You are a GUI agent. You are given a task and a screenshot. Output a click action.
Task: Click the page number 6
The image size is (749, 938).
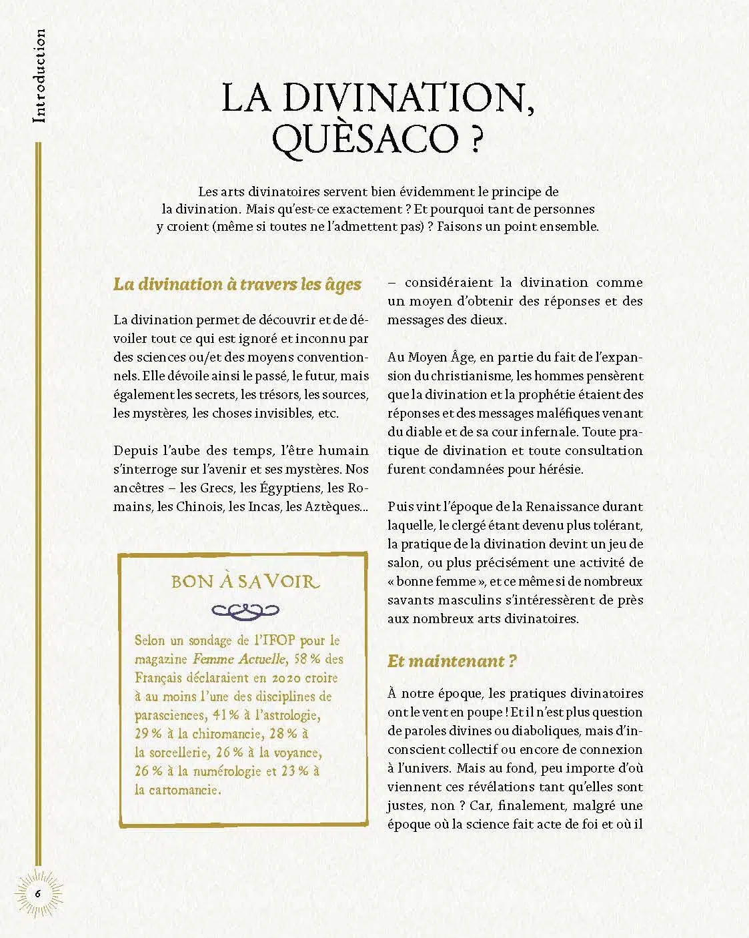[x=38, y=893]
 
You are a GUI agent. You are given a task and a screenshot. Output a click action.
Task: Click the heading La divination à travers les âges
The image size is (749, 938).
[x=237, y=284]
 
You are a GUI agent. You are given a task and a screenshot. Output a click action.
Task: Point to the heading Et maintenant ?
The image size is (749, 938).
[x=452, y=661]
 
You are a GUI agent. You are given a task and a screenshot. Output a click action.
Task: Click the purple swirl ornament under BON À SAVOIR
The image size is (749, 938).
[x=245, y=609]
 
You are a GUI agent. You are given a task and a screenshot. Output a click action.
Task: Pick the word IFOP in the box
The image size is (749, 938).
[x=273, y=640]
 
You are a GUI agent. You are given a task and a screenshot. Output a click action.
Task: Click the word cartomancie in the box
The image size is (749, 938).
[x=177, y=790]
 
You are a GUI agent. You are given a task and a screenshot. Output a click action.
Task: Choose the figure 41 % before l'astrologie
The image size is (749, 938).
[x=225, y=715]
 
